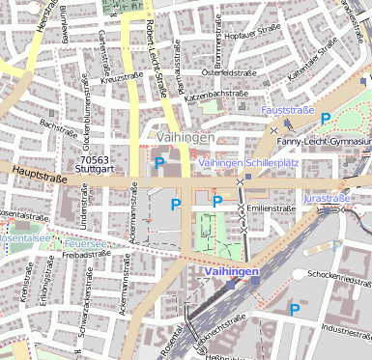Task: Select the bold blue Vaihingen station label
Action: pyautogui.click(x=232, y=273)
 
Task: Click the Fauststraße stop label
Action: pyautogui.click(x=288, y=111)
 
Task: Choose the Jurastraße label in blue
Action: pyautogui.click(x=325, y=197)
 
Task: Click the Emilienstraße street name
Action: pyautogui.click(x=272, y=208)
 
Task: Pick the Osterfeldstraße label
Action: pyautogui.click(x=238, y=72)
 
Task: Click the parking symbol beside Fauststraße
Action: pyautogui.click(x=326, y=119)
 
